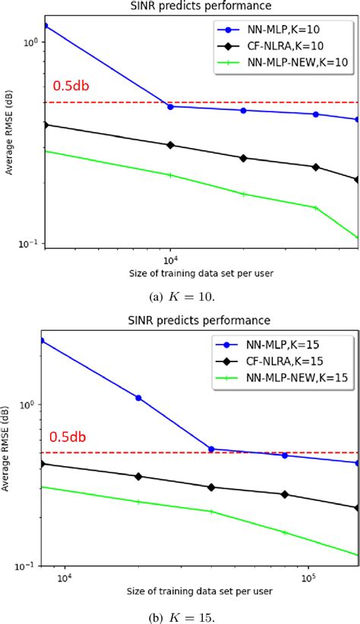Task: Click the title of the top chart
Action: pos(201,7)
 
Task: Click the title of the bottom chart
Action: pos(201,321)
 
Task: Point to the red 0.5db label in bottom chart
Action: pos(70,436)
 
